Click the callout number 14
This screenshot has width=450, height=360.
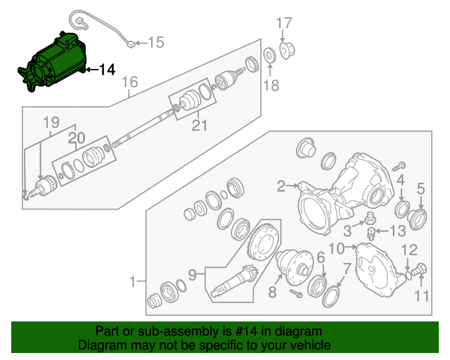click(106, 70)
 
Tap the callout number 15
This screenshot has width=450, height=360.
click(155, 43)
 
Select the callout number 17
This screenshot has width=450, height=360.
click(283, 23)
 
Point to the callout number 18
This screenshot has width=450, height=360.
click(271, 86)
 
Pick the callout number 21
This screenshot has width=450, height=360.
click(200, 126)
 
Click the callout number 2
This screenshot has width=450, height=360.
click(281, 186)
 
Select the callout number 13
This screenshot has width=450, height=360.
click(397, 231)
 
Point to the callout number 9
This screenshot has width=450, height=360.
click(192, 272)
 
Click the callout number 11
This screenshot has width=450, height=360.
click(420, 296)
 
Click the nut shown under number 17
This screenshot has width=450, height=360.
click(288, 50)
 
